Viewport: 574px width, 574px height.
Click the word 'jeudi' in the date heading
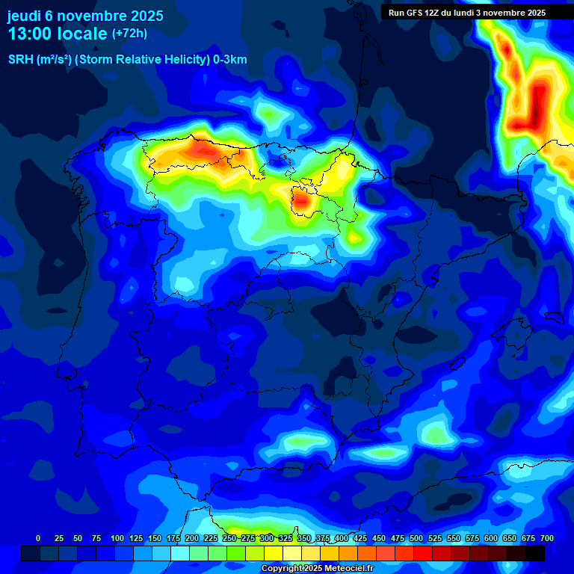point(24,16)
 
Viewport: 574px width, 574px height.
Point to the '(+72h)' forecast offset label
point(130,34)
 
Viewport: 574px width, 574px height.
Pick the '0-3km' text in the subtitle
point(229,60)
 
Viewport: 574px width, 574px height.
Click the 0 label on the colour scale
point(38,538)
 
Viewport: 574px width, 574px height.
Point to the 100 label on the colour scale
point(117,538)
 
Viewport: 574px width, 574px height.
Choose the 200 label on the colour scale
point(192,538)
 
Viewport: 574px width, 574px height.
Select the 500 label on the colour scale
point(416,538)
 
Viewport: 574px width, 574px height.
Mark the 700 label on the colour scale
point(547,538)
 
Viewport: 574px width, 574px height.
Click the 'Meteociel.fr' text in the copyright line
point(348,569)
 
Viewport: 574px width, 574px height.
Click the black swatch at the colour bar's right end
point(535,553)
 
